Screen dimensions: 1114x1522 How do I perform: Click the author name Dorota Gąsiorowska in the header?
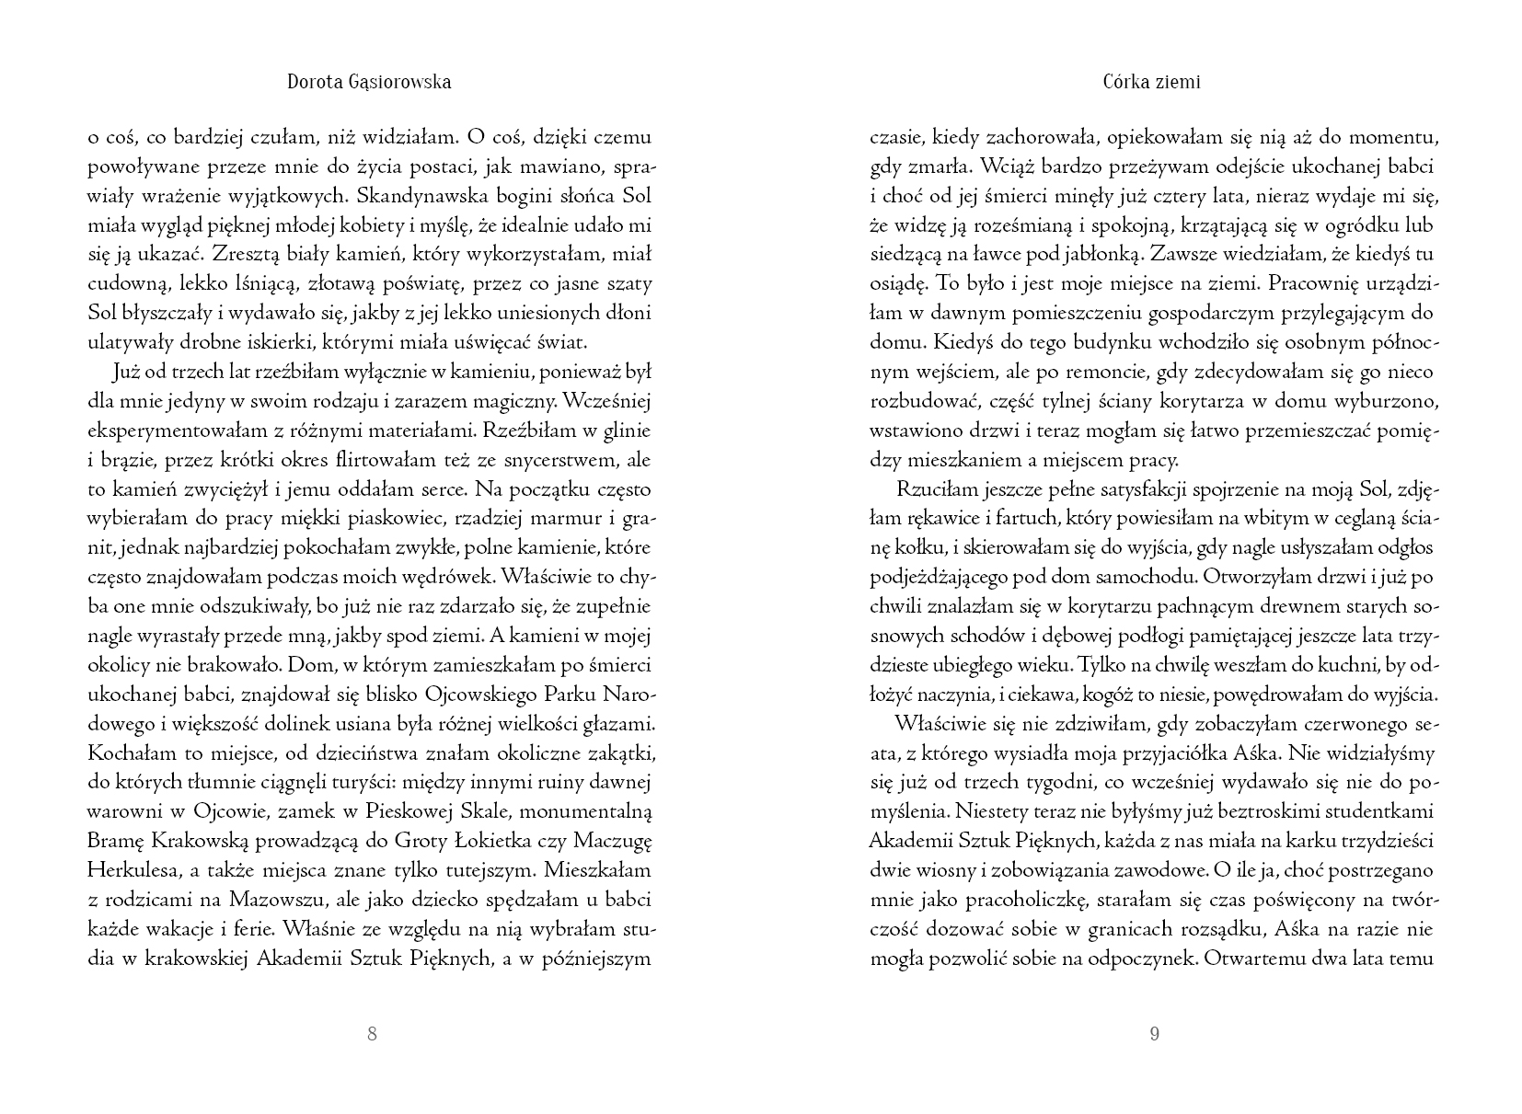coord(369,82)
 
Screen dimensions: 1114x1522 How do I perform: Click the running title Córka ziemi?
coord(1151,82)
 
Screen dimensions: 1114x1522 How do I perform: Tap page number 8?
coord(372,1033)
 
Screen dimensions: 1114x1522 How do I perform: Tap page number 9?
coord(1155,1033)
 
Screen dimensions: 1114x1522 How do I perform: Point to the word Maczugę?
coord(613,841)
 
